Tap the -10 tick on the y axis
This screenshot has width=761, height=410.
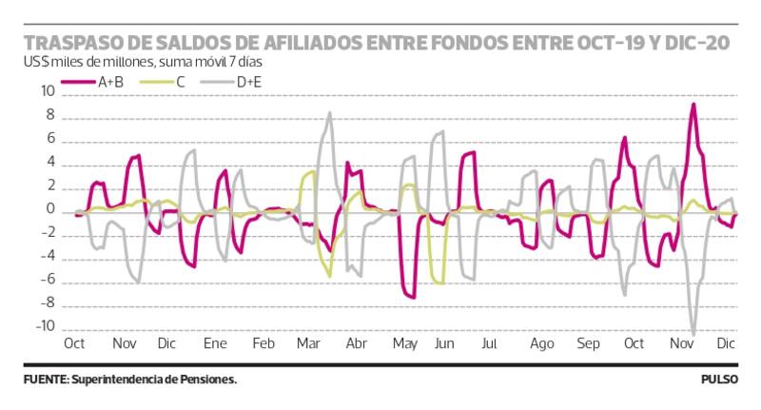(43, 327)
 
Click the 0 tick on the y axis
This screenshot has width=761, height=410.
(49, 210)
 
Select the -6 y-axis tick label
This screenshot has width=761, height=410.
(46, 281)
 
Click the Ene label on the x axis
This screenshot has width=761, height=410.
(215, 342)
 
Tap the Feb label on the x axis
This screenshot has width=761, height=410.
(263, 342)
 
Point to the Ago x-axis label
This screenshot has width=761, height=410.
(542, 342)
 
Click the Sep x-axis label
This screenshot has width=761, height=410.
(588, 342)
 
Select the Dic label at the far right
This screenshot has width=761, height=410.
(727, 342)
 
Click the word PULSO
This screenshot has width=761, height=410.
(720, 380)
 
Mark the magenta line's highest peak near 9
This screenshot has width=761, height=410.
(693, 104)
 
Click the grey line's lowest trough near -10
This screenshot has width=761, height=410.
(693, 334)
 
